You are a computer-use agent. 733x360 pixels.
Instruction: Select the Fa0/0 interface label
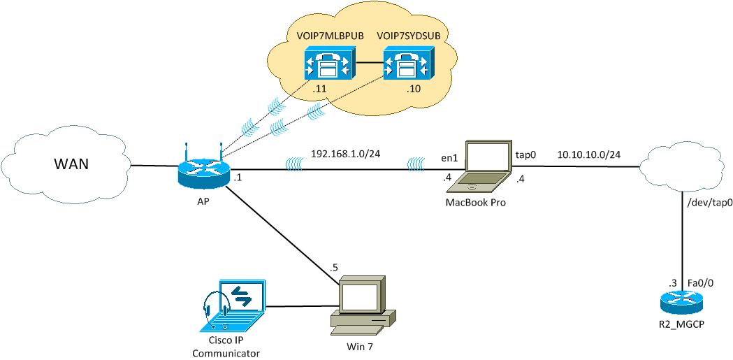[702, 283]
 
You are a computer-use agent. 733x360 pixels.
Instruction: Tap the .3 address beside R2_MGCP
[673, 283]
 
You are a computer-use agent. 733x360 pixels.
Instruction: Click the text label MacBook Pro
[475, 203]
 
